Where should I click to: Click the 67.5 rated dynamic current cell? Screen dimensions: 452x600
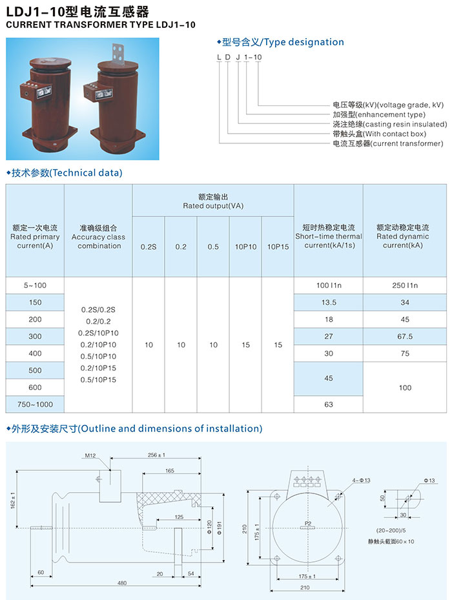[x=405, y=336]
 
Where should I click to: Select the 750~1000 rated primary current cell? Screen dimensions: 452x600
[x=35, y=404]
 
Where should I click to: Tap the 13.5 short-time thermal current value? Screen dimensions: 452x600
[x=329, y=302]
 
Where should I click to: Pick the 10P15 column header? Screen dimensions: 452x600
[x=278, y=247]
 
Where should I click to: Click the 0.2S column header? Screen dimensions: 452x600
[x=149, y=247]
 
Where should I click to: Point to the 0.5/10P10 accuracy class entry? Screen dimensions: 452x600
[x=98, y=357]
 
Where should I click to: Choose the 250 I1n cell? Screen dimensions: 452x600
[x=405, y=285]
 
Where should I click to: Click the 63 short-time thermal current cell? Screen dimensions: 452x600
[x=329, y=404]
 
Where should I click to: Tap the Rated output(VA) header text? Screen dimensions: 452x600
[x=213, y=206]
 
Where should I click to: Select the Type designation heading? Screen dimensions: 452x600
[x=280, y=42]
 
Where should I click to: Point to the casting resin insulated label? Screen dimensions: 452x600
[x=389, y=124]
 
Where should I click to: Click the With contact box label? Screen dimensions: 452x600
[x=379, y=134]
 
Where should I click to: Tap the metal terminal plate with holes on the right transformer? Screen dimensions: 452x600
[x=119, y=53]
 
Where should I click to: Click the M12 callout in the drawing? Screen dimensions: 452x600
[x=90, y=455]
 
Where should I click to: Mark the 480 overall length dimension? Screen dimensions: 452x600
[x=121, y=583]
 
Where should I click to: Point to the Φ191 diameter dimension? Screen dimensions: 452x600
[x=220, y=528]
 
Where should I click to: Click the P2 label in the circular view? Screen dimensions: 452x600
[x=308, y=523]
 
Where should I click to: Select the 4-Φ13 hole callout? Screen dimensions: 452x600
[x=362, y=481]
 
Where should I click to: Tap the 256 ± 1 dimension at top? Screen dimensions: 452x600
[x=156, y=455]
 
